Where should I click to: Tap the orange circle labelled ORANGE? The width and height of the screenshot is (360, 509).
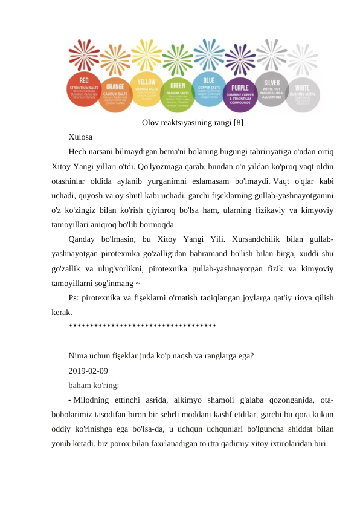coord(115,95)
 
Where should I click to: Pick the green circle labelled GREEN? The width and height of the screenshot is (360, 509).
coord(178,94)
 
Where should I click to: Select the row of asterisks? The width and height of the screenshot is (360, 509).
coord(142,327)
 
